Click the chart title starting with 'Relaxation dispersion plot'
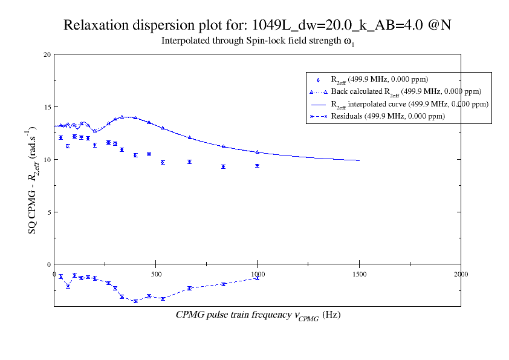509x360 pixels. [258, 25]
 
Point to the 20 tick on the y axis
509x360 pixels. [47, 54]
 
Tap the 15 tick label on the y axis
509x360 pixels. [47, 107]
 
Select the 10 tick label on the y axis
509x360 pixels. [47, 160]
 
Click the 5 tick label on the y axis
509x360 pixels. [48, 212]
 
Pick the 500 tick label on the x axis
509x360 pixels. [156, 274]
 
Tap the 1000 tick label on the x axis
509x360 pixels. [258, 274]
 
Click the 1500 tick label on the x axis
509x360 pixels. [359, 274]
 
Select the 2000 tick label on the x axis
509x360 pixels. [461, 274]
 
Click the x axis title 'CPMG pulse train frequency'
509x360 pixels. [258, 315]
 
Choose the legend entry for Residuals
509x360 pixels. [387, 116]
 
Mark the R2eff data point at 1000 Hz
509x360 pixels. [258, 166]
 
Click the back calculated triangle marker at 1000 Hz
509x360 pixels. [258, 152]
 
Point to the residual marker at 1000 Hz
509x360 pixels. [258, 278]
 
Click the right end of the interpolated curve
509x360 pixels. [359, 160]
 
